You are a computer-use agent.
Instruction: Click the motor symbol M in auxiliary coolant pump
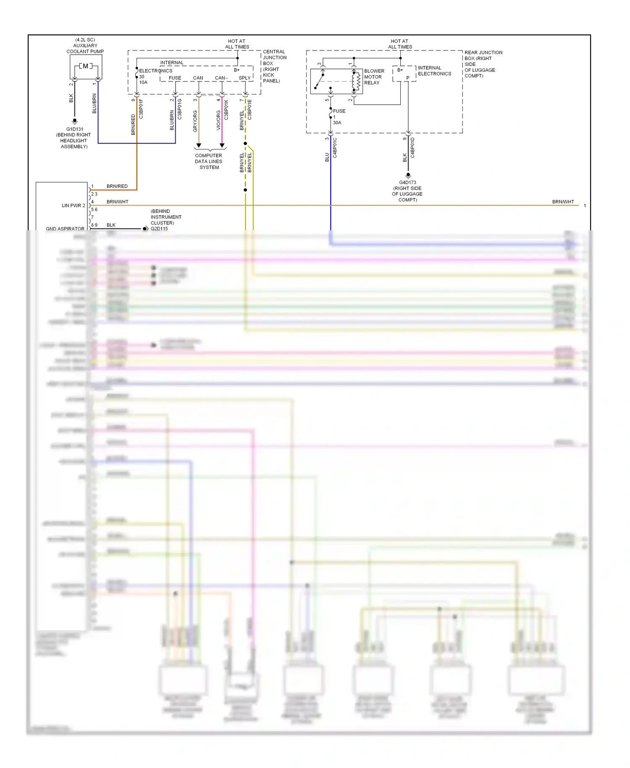coord(86,66)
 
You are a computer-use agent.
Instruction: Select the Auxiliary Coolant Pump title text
coord(85,46)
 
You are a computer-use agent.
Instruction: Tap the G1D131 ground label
coord(74,129)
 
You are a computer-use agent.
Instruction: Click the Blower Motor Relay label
coord(374,77)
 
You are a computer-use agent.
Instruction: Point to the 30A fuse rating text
coord(337,123)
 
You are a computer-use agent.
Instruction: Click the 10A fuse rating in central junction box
coord(143,82)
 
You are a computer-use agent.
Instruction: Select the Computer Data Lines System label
coord(209,161)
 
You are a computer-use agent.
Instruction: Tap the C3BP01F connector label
coord(141,109)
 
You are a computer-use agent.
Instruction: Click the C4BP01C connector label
coord(335,147)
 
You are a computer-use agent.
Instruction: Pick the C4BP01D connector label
coord(412,147)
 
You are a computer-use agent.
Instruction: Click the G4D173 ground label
coord(407,182)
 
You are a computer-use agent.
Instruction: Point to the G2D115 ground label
coord(159,229)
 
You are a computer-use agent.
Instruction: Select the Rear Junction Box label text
coord(483,64)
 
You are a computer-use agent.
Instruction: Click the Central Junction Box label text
coord(275,66)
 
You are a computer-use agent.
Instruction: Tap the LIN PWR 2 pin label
coord(73,205)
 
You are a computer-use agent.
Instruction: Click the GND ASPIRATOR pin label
coord(65,229)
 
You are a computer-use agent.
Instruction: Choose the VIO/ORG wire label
coord(218,120)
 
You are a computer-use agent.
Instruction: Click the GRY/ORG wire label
coord(195,121)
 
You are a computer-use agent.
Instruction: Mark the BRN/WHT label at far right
coord(563,202)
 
